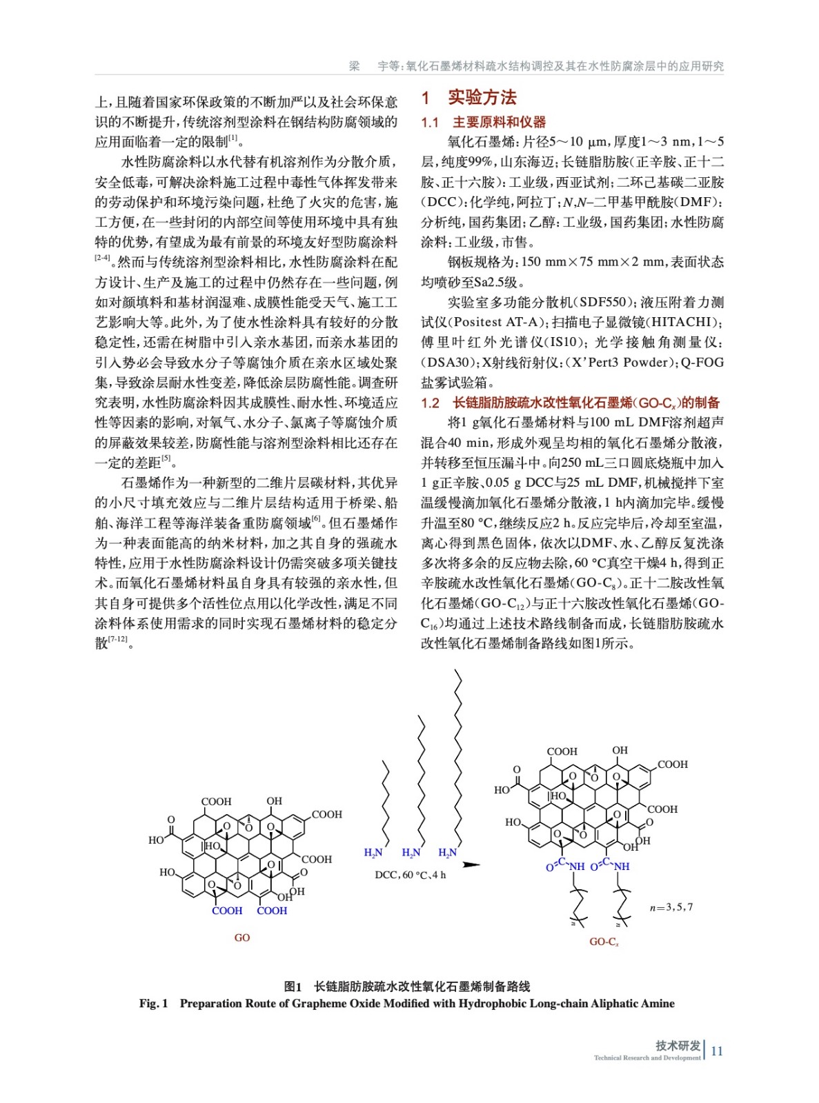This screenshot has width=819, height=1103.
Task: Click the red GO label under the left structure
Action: click(241, 938)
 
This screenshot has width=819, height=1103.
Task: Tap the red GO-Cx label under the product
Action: click(604, 942)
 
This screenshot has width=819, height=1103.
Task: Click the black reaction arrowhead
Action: click(472, 864)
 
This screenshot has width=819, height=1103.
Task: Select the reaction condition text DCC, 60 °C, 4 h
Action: click(410, 875)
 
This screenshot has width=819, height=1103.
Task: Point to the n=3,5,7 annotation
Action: click(671, 907)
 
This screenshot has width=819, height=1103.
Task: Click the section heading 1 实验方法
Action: click(469, 98)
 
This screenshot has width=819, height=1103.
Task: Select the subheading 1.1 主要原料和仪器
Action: click(484, 123)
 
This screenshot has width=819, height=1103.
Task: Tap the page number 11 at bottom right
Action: click(717, 1051)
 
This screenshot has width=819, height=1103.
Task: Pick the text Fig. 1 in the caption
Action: click(153, 1004)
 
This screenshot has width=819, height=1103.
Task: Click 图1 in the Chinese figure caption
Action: click(293, 987)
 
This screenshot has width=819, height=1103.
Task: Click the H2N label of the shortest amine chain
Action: click(373, 853)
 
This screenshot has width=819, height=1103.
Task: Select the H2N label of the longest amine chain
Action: click(448, 853)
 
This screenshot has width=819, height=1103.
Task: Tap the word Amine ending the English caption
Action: click(658, 1004)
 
